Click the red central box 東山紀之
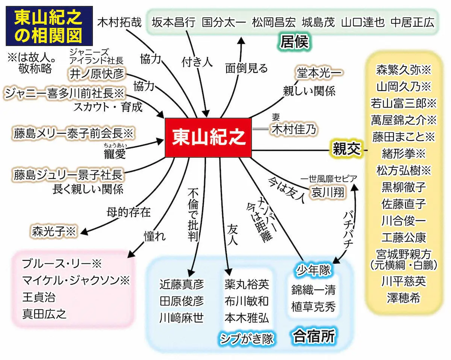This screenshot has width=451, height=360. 209,138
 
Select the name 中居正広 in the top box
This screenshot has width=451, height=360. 412,22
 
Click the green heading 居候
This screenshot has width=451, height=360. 294,42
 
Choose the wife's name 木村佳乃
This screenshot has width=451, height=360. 294,129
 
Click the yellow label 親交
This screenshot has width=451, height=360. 346,149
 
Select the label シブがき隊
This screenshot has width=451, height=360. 247,337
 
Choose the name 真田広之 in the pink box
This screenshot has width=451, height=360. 44,313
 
